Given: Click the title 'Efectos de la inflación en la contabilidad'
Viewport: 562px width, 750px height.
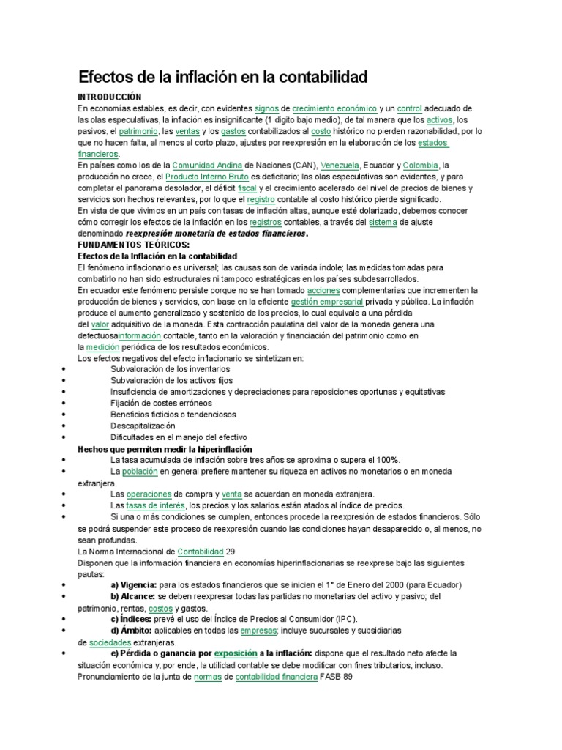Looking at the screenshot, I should click(x=222, y=76).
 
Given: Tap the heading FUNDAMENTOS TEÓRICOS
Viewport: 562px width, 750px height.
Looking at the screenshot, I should click(x=133, y=244).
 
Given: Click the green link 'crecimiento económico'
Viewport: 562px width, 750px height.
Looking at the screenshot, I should click(x=334, y=108).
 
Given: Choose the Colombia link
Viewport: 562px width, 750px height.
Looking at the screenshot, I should click(x=420, y=166).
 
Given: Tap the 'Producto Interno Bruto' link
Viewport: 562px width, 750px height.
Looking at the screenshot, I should click(x=206, y=177).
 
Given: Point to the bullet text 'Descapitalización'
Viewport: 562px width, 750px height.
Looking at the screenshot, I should click(x=143, y=426).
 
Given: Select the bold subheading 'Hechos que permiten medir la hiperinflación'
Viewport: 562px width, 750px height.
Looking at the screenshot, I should click(x=165, y=448).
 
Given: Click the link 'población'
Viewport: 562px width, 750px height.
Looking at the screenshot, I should click(x=140, y=471).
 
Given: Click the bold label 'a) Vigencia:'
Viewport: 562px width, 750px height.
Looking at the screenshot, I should click(x=134, y=585).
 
